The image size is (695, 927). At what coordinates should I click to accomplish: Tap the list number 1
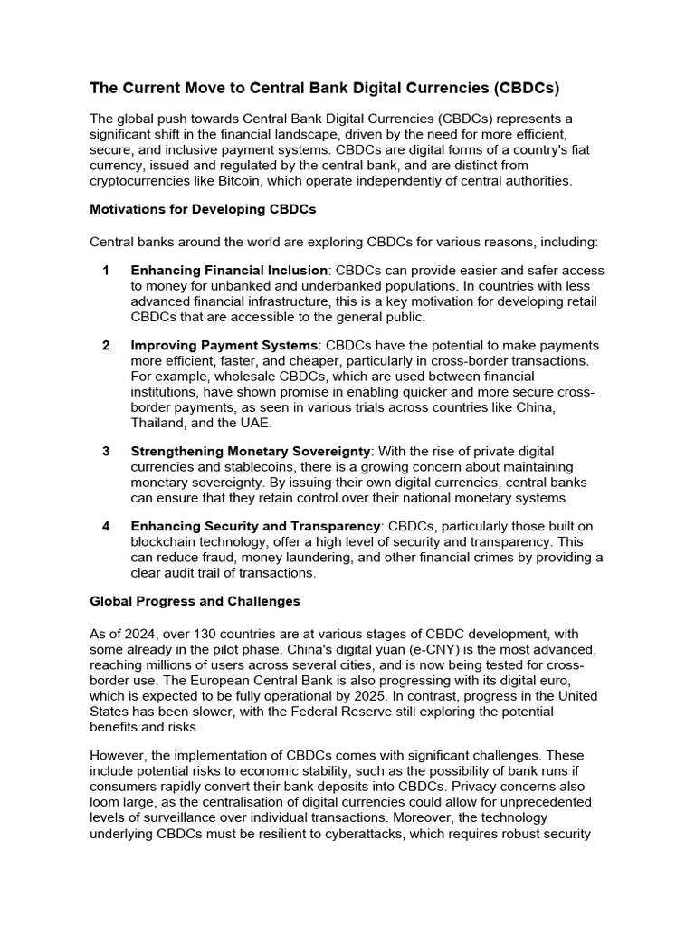point(106,270)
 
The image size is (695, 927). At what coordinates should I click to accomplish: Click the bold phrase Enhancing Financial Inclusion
point(229,270)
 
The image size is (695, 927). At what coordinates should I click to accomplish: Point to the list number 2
point(106,345)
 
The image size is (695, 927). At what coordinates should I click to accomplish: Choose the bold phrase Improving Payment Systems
point(224,345)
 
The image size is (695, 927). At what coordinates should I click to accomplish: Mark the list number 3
point(106,451)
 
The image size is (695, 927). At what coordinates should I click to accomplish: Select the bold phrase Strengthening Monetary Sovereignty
point(251,451)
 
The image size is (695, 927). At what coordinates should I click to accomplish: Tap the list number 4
point(106,526)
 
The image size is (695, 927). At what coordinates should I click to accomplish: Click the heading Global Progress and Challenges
point(195,600)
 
